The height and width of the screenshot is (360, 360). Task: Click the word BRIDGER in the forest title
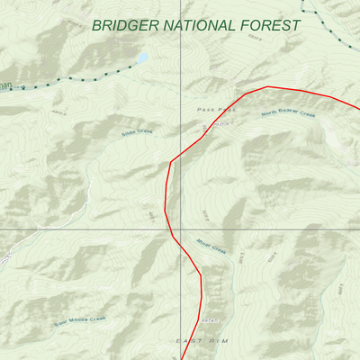127,25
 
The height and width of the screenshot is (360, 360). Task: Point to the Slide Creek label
137,133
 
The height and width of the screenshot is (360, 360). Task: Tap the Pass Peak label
216,110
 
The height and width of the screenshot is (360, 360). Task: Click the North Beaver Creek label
290,115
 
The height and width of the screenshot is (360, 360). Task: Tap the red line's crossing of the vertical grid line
181,154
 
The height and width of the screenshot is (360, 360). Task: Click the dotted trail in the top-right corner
328,27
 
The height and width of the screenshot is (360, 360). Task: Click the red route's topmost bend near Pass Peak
268,87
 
